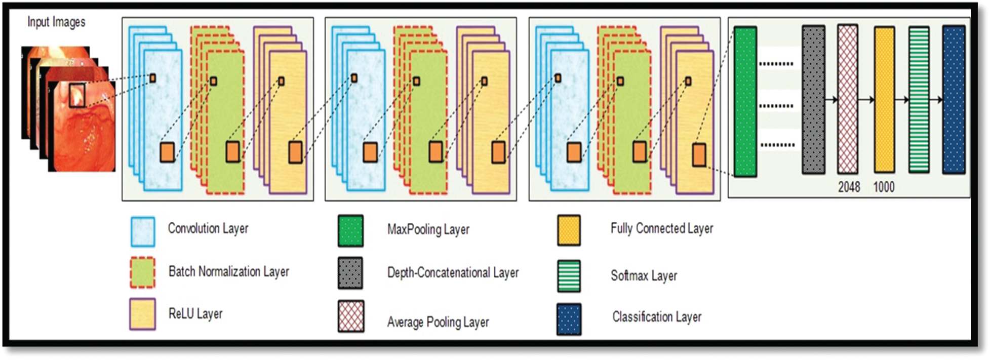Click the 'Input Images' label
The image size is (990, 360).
(x=56, y=22)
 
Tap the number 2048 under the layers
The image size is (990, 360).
(x=849, y=187)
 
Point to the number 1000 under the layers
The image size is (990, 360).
(x=884, y=187)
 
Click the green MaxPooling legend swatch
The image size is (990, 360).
(x=350, y=231)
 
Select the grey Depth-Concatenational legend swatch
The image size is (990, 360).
(x=350, y=273)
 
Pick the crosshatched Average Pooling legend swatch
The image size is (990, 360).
(x=351, y=316)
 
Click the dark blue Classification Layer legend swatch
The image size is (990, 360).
(x=569, y=319)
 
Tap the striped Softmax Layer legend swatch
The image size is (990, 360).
(x=569, y=276)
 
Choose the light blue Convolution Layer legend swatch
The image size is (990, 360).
(x=143, y=232)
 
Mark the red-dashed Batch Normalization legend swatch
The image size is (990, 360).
(x=143, y=272)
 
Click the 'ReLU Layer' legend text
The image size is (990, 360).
(x=195, y=314)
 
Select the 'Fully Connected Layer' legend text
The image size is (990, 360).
(x=661, y=228)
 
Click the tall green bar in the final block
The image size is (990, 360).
(x=745, y=101)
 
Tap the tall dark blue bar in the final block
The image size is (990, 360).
(x=954, y=100)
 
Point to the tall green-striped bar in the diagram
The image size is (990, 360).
(x=919, y=100)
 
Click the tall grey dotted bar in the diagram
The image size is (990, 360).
(x=813, y=100)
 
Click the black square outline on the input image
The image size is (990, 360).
(x=77, y=95)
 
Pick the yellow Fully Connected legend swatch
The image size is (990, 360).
(x=569, y=231)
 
